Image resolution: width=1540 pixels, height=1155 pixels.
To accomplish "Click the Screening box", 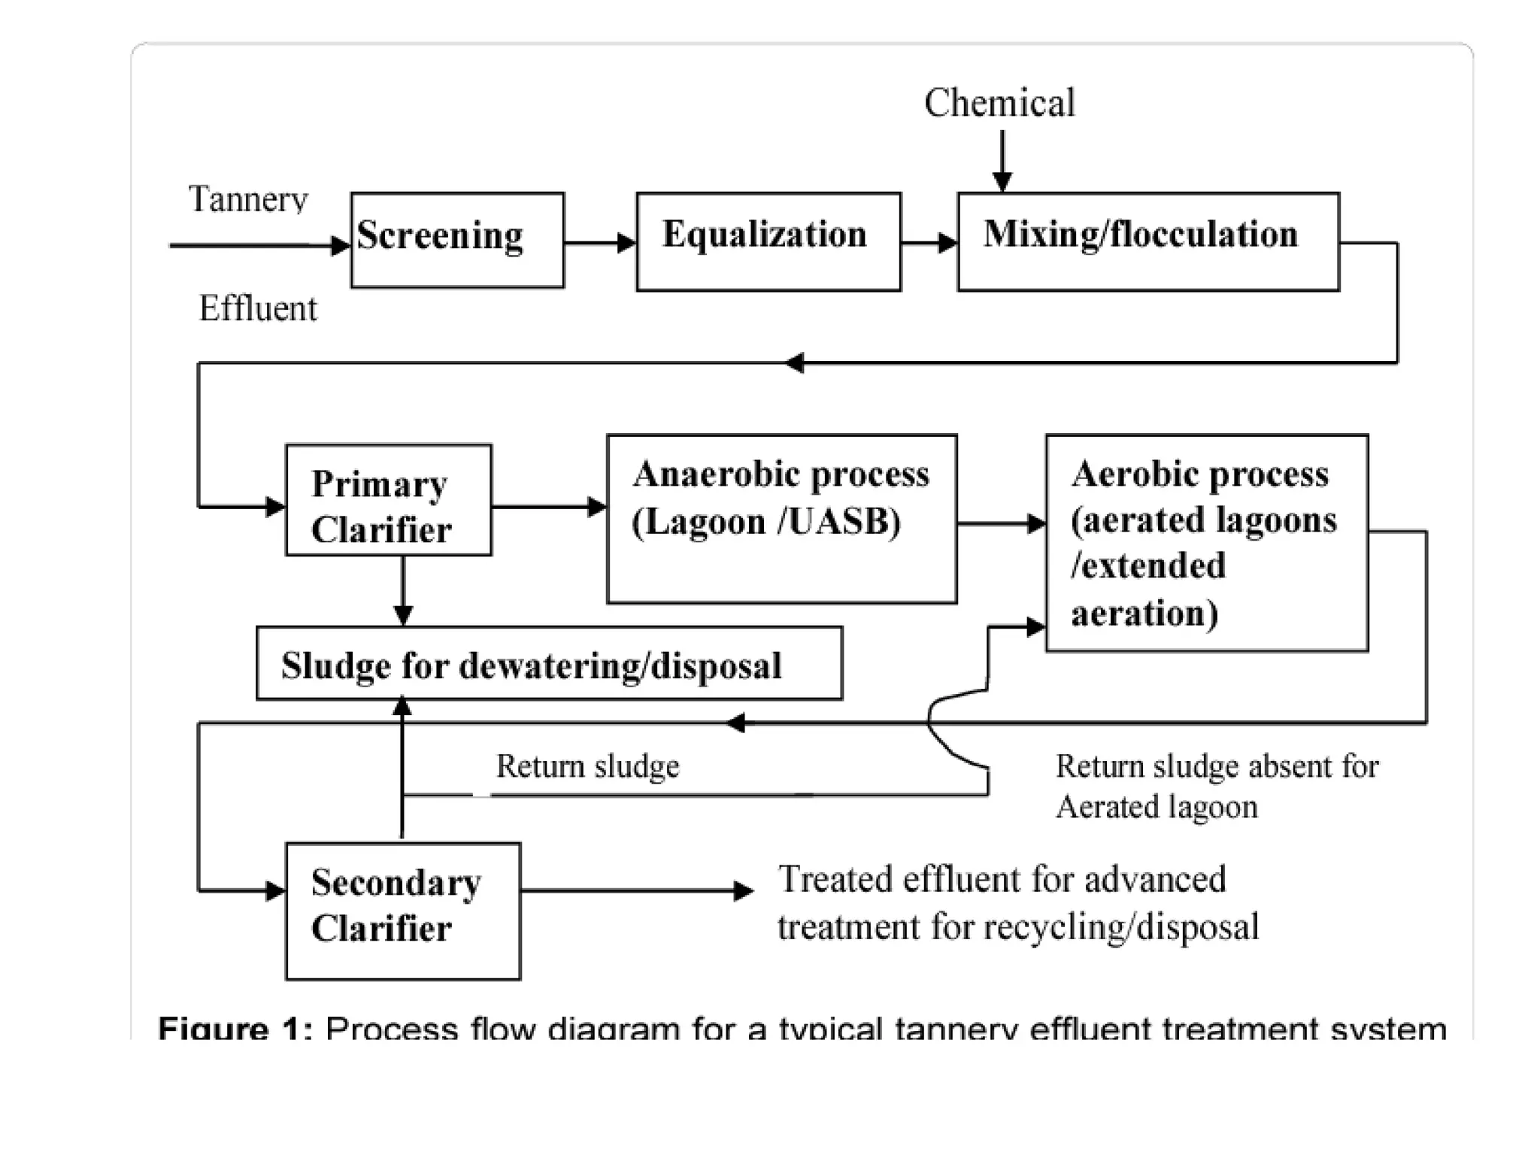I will point(457,240).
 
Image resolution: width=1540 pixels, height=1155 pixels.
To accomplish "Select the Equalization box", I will point(768,241).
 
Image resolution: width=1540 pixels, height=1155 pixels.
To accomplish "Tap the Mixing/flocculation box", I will point(1147,241).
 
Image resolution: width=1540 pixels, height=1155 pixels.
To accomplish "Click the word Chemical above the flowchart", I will point(999,103).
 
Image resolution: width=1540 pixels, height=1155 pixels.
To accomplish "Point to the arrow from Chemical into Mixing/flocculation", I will point(1002,162).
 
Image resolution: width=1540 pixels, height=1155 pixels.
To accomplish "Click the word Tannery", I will point(248,199).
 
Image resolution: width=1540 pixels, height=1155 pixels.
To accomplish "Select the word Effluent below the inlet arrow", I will point(258,308).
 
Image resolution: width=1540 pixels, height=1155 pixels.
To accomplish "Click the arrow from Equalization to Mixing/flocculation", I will point(929,242).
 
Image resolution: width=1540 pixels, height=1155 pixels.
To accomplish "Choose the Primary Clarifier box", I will point(389,500).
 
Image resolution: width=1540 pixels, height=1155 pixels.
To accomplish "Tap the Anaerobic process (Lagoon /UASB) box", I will point(781,518).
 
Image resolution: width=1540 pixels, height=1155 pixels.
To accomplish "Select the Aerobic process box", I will point(1206,542).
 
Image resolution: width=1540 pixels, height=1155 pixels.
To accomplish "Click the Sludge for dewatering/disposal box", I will point(549,663).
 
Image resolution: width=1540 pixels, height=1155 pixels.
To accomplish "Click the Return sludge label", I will point(587,766).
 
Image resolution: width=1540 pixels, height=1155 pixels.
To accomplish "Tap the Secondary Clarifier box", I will point(403,910).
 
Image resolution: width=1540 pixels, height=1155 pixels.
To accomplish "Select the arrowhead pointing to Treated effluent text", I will point(742,891).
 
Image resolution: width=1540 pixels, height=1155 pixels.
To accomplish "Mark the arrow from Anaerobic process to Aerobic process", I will point(1001,523).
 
